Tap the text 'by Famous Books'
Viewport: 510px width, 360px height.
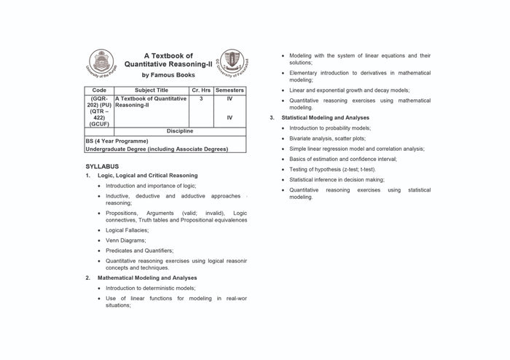tap(168, 75)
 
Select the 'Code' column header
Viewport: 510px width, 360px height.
tap(99, 90)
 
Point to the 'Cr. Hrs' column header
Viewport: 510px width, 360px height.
tap(200, 90)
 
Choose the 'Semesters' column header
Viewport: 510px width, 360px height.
tap(229, 90)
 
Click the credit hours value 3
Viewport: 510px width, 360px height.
tap(200, 98)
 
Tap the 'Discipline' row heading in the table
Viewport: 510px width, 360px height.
tap(179, 131)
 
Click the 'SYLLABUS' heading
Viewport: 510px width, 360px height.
tap(102, 167)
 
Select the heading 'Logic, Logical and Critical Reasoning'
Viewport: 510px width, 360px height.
tap(147, 176)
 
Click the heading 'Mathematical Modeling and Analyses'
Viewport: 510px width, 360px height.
tap(147, 278)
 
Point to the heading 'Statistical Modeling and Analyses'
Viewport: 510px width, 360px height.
tap(320, 117)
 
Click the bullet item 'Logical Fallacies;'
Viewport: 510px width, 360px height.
tap(130, 230)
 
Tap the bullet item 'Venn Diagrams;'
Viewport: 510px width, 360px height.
tap(126, 240)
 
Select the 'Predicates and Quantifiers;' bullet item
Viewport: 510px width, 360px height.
tap(139, 250)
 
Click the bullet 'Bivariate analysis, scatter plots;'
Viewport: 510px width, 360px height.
tap(327, 138)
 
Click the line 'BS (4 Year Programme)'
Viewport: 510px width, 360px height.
tap(117, 141)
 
